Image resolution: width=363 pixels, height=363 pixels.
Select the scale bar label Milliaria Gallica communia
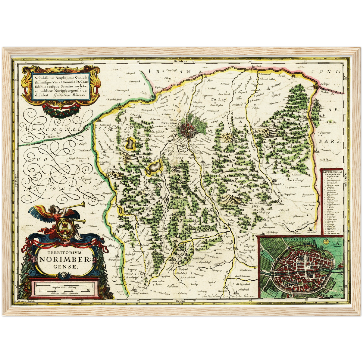tap(64, 293)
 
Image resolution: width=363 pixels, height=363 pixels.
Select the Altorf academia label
tap(140, 293)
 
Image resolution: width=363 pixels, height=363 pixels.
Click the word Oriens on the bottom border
tap(180, 301)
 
